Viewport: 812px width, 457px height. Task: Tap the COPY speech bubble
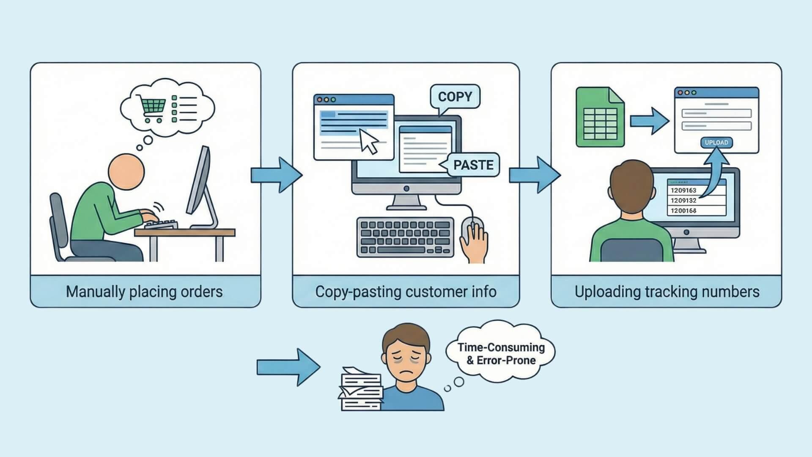(455, 97)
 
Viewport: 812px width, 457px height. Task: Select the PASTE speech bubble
(473, 165)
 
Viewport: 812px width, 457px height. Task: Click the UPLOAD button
(716, 143)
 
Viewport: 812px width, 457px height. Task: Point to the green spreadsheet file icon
(600, 117)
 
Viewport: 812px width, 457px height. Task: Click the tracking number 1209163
(683, 190)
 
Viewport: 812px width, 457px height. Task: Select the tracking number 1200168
(683, 210)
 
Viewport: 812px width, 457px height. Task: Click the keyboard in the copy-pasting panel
(405, 237)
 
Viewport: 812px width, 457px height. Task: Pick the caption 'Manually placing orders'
(144, 292)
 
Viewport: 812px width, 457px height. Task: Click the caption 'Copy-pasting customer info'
(406, 292)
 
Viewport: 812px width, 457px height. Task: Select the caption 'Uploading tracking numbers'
(667, 292)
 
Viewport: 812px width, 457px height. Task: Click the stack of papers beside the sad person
(361, 389)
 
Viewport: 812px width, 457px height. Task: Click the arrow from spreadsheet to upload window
(649, 121)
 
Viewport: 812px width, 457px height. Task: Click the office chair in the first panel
(60, 228)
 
